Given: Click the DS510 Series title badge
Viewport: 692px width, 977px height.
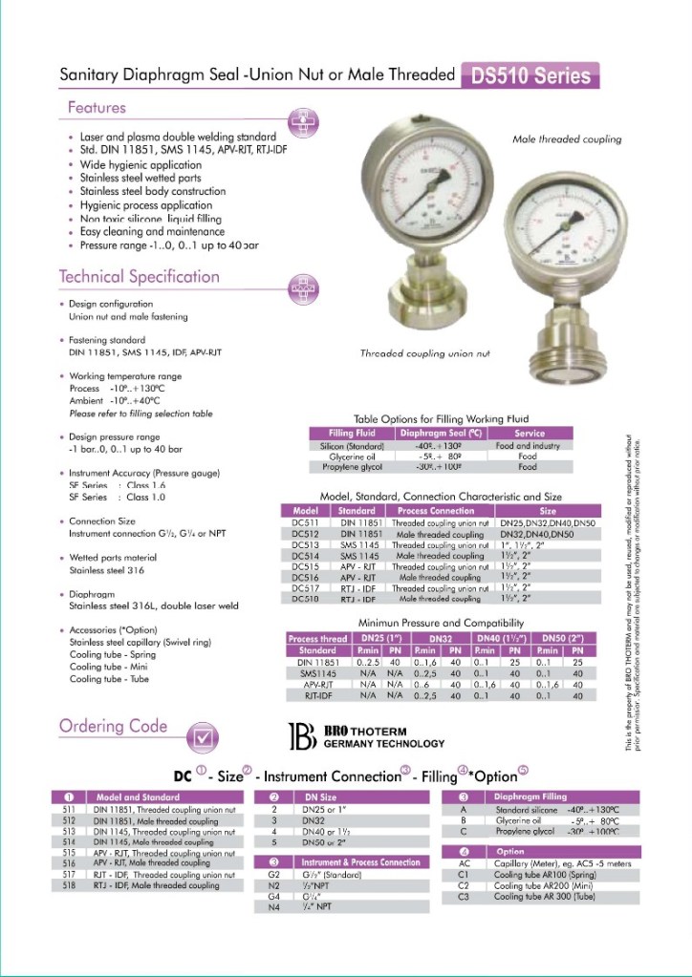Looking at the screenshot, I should pos(530,76).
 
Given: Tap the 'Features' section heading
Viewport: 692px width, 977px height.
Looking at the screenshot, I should pos(97,107).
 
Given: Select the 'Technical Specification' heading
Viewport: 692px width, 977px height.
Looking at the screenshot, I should pos(140,277).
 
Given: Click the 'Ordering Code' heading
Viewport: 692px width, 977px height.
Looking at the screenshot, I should pos(113,726).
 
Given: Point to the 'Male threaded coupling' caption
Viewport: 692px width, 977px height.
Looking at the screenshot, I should pos(567,139).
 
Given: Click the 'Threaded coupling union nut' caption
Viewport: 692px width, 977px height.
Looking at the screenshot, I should pos(424,353).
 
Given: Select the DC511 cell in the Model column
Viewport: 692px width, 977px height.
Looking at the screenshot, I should pos(304,523).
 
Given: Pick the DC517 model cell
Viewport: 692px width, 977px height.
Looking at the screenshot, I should pos(304,588).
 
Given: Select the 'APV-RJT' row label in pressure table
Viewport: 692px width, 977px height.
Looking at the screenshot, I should pos(316,685).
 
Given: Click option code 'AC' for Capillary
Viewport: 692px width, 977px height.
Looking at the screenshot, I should pos(463,863).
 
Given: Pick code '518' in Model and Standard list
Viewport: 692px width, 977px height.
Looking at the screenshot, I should pos(68,885).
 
